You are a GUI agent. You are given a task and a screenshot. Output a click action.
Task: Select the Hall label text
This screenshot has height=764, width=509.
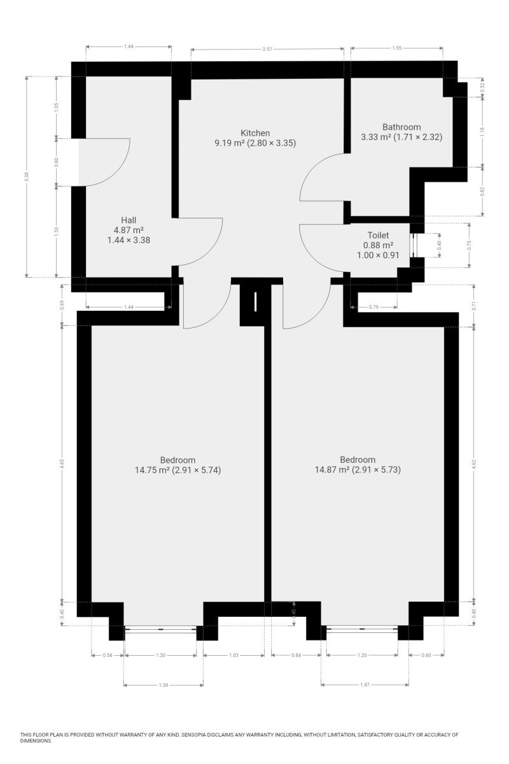pos(129,220)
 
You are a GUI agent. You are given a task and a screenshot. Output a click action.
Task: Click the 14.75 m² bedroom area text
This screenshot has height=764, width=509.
pos(153,470)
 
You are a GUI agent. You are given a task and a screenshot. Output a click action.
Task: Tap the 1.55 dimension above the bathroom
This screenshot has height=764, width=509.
pos(397,47)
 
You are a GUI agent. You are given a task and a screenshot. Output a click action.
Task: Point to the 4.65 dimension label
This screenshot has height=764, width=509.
pos(62,464)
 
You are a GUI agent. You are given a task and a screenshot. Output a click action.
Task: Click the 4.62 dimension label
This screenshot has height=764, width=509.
pos(474,464)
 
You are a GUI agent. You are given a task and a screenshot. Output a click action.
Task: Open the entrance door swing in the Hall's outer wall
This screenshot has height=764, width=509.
pos(105,162)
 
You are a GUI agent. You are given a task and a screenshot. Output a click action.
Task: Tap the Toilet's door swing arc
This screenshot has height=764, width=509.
pos(321,248)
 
